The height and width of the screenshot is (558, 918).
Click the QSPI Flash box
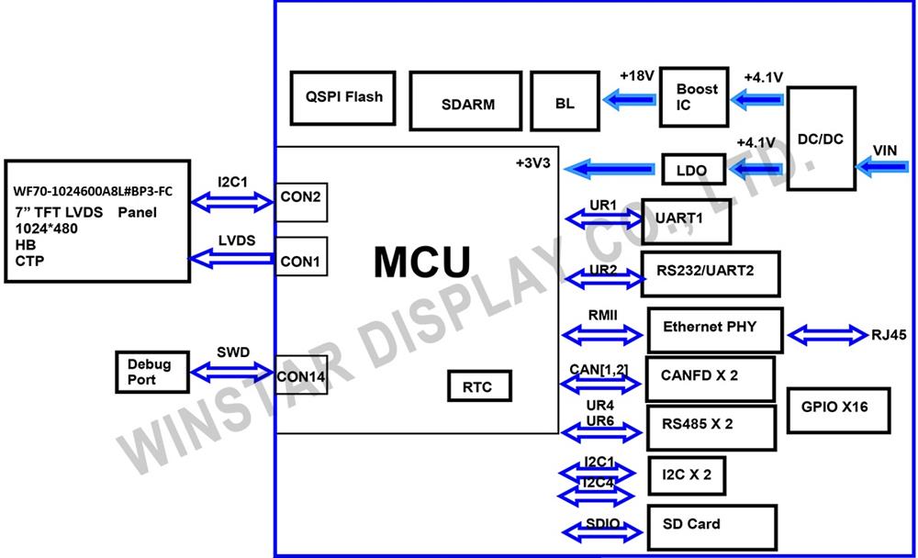[x=343, y=97]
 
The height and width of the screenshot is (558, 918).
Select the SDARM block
[x=468, y=102]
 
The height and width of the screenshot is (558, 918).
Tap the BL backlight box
[x=565, y=102]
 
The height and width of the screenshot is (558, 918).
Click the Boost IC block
[x=695, y=96]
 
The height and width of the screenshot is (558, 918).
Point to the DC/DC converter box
[x=821, y=139]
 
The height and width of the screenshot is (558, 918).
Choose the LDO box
[x=690, y=170]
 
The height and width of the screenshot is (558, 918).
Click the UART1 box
[x=686, y=220]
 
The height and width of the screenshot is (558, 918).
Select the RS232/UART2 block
[x=710, y=273]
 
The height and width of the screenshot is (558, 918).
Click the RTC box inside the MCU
[x=478, y=386]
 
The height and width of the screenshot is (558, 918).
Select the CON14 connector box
[x=301, y=375]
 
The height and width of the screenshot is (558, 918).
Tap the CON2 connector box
[x=300, y=201]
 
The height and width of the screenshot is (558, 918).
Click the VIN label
[x=885, y=151]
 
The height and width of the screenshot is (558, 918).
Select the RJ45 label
[x=889, y=335]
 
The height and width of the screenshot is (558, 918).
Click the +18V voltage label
[x=636, y=76]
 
